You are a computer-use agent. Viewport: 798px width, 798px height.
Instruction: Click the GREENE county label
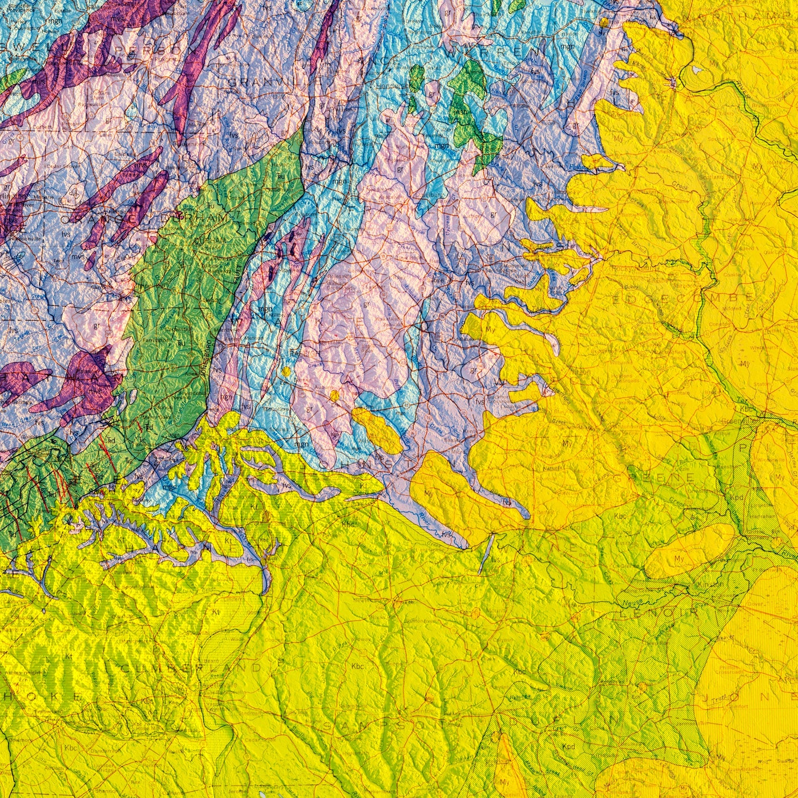tap(665, 476)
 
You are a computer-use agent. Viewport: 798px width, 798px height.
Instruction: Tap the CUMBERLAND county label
tap(191, 668)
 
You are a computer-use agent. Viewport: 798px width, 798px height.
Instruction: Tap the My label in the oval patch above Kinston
tap(679, 559)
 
